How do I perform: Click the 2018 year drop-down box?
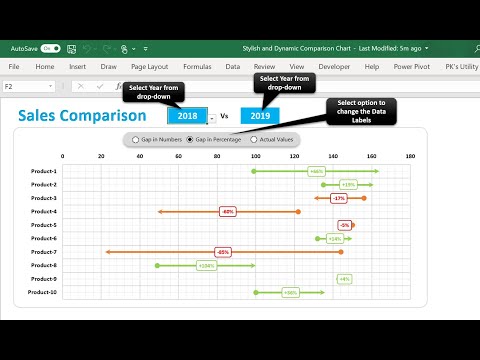[x=187, y=116]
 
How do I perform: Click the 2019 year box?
[x=260, y=116]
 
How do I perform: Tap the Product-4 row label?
[x=43, y=212]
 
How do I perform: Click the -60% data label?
[x=228, y=212]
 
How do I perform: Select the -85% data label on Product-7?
[x=222, y=252]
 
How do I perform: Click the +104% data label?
[x=205, y=265]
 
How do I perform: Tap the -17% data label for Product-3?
[x=339, y=198]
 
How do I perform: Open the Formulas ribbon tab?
[x=196, y=67]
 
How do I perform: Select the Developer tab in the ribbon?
[x=333, y=67]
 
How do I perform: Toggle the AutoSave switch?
[x=50, y=47]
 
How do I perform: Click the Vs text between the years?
[x=223, y=116]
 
